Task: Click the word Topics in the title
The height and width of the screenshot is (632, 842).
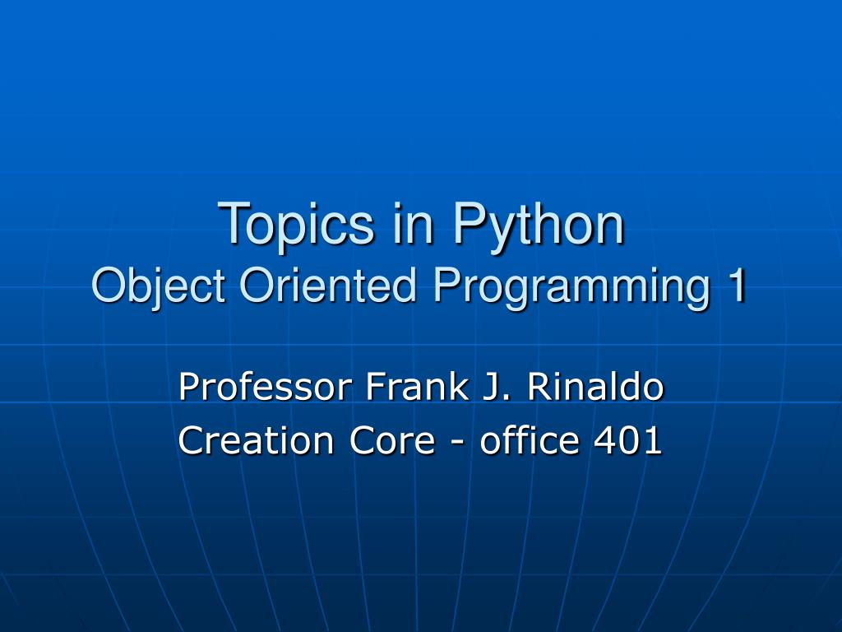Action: click(x=297, y=224)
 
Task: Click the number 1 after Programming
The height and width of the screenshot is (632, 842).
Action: click(x=736, y=286)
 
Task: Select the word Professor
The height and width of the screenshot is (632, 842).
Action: click(x=266, y=387)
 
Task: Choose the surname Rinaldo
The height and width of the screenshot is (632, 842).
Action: click(x=594, y=387)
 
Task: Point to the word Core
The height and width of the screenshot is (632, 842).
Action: click(x=391, y=441)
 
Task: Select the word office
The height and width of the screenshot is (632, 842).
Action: click(x=530, y=440)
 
